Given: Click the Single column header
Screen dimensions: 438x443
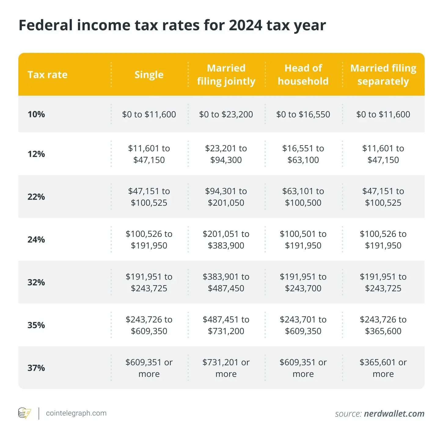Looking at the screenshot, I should point(149,75).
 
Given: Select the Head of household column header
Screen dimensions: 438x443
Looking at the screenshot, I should point(303,75).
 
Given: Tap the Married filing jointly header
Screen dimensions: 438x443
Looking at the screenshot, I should point(226,75).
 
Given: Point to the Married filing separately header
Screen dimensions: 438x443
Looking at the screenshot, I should point(383,75).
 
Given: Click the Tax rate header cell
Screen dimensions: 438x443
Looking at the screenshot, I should point(47,75).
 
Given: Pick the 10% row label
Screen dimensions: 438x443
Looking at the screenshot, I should point(36,114).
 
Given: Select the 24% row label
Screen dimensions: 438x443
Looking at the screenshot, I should point(36,240).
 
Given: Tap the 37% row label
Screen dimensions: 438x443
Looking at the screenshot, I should point(36,368).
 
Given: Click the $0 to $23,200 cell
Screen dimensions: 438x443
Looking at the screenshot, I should point(226,114).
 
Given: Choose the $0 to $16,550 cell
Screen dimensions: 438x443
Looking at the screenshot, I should point(303,114).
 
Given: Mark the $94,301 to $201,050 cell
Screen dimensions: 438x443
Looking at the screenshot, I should point(226,197).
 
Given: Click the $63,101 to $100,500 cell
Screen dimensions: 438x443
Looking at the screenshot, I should point(303,197).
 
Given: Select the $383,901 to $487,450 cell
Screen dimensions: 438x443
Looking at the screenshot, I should point(226,282).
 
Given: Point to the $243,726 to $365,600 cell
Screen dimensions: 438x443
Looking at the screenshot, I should point(383,325).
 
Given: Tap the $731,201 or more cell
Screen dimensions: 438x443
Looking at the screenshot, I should point(226,368).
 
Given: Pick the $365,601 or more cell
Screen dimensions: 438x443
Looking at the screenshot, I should point(383,368).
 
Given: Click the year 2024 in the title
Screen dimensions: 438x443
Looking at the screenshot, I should point(245,25).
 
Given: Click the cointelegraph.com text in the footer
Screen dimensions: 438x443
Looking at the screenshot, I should point(76,413).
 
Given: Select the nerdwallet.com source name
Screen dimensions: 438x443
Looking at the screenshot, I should point(394,414).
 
